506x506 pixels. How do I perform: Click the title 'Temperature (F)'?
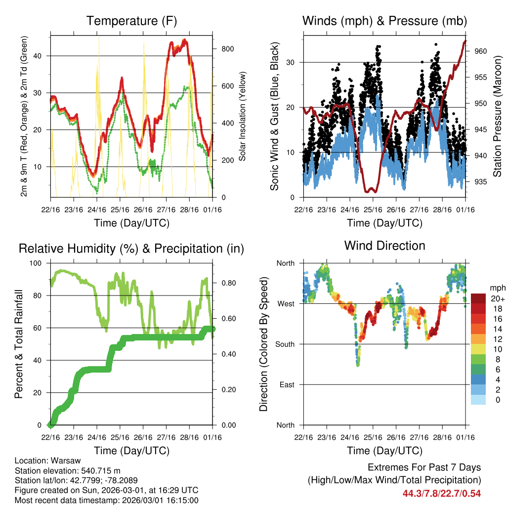point(131,21)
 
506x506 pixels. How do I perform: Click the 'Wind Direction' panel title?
point(384,246)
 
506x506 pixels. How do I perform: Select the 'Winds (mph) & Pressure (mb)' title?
point(384,21)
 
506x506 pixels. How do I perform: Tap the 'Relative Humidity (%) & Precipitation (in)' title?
point(131,249)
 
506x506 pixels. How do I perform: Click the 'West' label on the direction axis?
point(286,303)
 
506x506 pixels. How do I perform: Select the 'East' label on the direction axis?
point(286,384)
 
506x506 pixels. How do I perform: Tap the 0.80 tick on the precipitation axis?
point(225,283)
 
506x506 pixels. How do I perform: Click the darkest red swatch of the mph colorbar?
point(478,298)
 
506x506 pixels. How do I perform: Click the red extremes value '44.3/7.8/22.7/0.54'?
point(441,493)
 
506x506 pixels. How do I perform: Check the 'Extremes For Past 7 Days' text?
point(424,467)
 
